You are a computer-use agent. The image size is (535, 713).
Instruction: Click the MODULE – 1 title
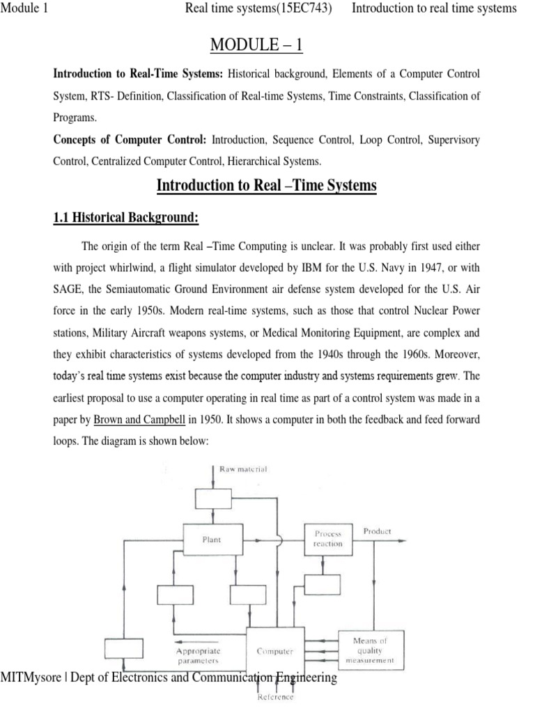click(x=267, y=47)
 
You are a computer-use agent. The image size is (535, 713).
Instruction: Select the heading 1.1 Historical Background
click(x=126, y=218)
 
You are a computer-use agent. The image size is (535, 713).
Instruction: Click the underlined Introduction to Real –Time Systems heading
click(x=267, y=185)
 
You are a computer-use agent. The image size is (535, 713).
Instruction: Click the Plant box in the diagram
click(x=212, y=539)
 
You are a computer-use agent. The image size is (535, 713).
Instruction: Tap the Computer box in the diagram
click(x=275, y=651)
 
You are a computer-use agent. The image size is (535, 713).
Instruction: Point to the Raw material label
click(x=244, y=469)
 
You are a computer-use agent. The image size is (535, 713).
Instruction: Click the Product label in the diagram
click(x=377, y=531)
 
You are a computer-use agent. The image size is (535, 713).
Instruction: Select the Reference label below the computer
click(x=276, y=697)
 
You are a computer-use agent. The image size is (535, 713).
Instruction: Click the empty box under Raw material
click(x=212, y=498)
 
